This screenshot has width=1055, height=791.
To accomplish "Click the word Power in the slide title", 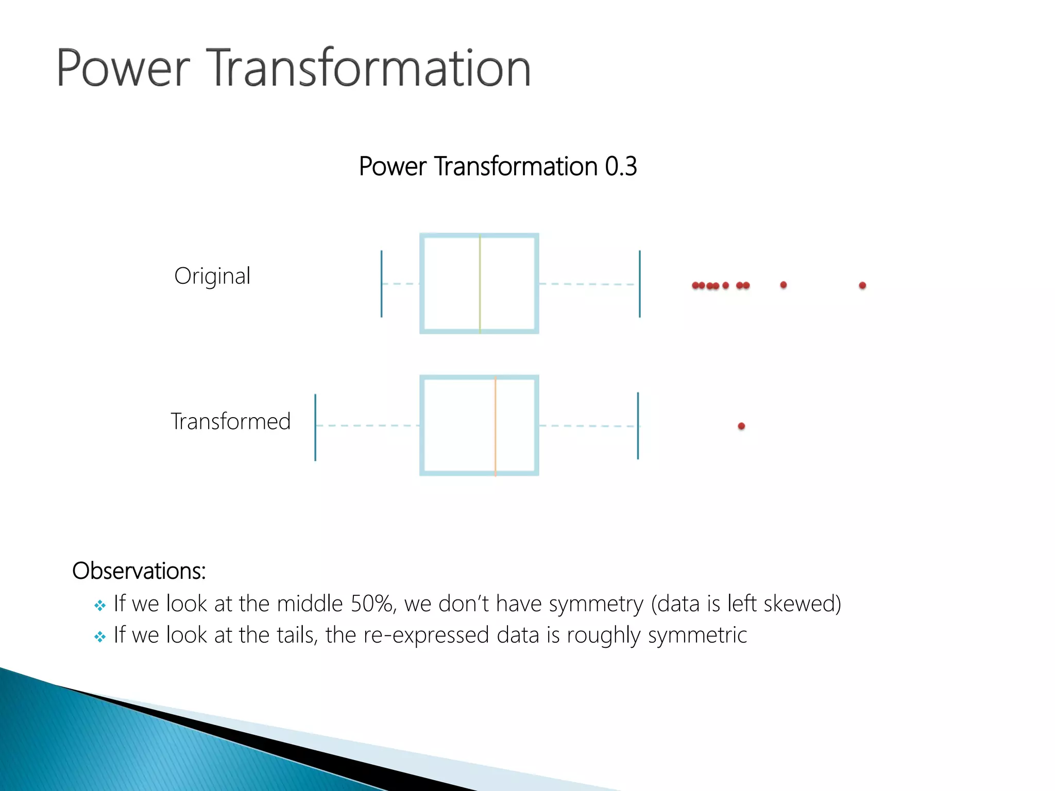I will (123, 68).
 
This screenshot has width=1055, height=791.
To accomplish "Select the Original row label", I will (212, 276).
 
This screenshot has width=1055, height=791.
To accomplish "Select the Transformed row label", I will (230, 421).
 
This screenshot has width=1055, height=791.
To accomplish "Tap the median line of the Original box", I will (480, 283).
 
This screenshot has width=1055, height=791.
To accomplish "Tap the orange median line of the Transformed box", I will (495, 425).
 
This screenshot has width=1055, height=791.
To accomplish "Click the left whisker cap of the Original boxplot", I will (381, 283).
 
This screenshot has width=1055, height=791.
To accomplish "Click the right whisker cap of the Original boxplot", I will (639, 283).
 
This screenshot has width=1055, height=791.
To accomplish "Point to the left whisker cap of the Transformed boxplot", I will (315, 427).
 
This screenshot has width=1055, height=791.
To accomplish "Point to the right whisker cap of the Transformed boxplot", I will (638, 425).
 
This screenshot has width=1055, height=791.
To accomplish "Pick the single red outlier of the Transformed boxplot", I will (741, 426).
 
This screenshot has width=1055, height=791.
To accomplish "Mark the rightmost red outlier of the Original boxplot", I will (862, 285).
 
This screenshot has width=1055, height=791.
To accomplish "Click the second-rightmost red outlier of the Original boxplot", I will (783, 285).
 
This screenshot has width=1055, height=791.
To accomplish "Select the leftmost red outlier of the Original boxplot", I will (695, 285).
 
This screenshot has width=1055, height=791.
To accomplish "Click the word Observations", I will (139, 571).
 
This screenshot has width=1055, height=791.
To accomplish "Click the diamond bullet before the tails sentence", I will (100, 637).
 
